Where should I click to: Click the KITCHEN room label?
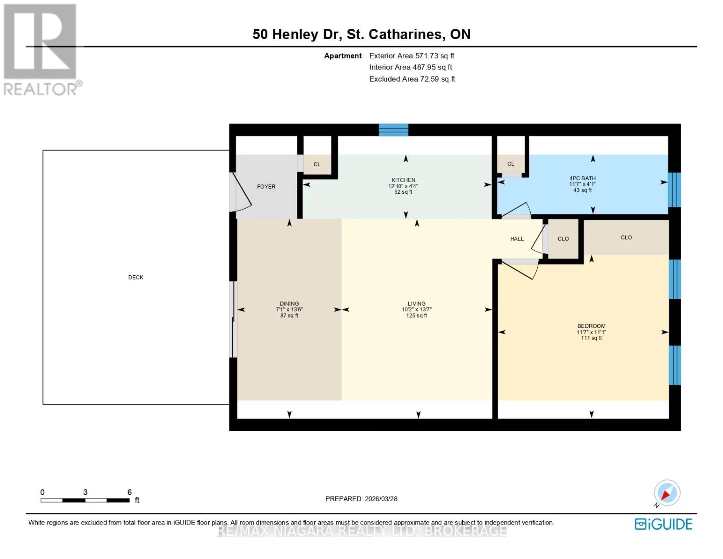[403, 180]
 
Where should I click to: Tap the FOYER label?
[266, 187]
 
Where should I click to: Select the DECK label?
[136, 277]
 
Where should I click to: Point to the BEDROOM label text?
[591, 326]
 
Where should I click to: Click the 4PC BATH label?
[582, 178]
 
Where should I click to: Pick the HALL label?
[517, 239]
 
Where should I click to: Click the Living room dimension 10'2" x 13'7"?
[417, 309]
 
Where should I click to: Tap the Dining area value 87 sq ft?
[289, 315]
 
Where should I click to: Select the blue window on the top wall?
[393, 130]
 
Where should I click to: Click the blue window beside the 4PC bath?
[675, 190]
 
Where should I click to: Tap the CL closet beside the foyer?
[317, 164]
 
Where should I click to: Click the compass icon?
[667, 493]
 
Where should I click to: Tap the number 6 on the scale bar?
[129, 492]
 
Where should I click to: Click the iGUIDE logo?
[663, 524]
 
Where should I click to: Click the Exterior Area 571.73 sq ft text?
[412, 55]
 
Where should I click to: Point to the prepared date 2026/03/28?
[381, 499]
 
